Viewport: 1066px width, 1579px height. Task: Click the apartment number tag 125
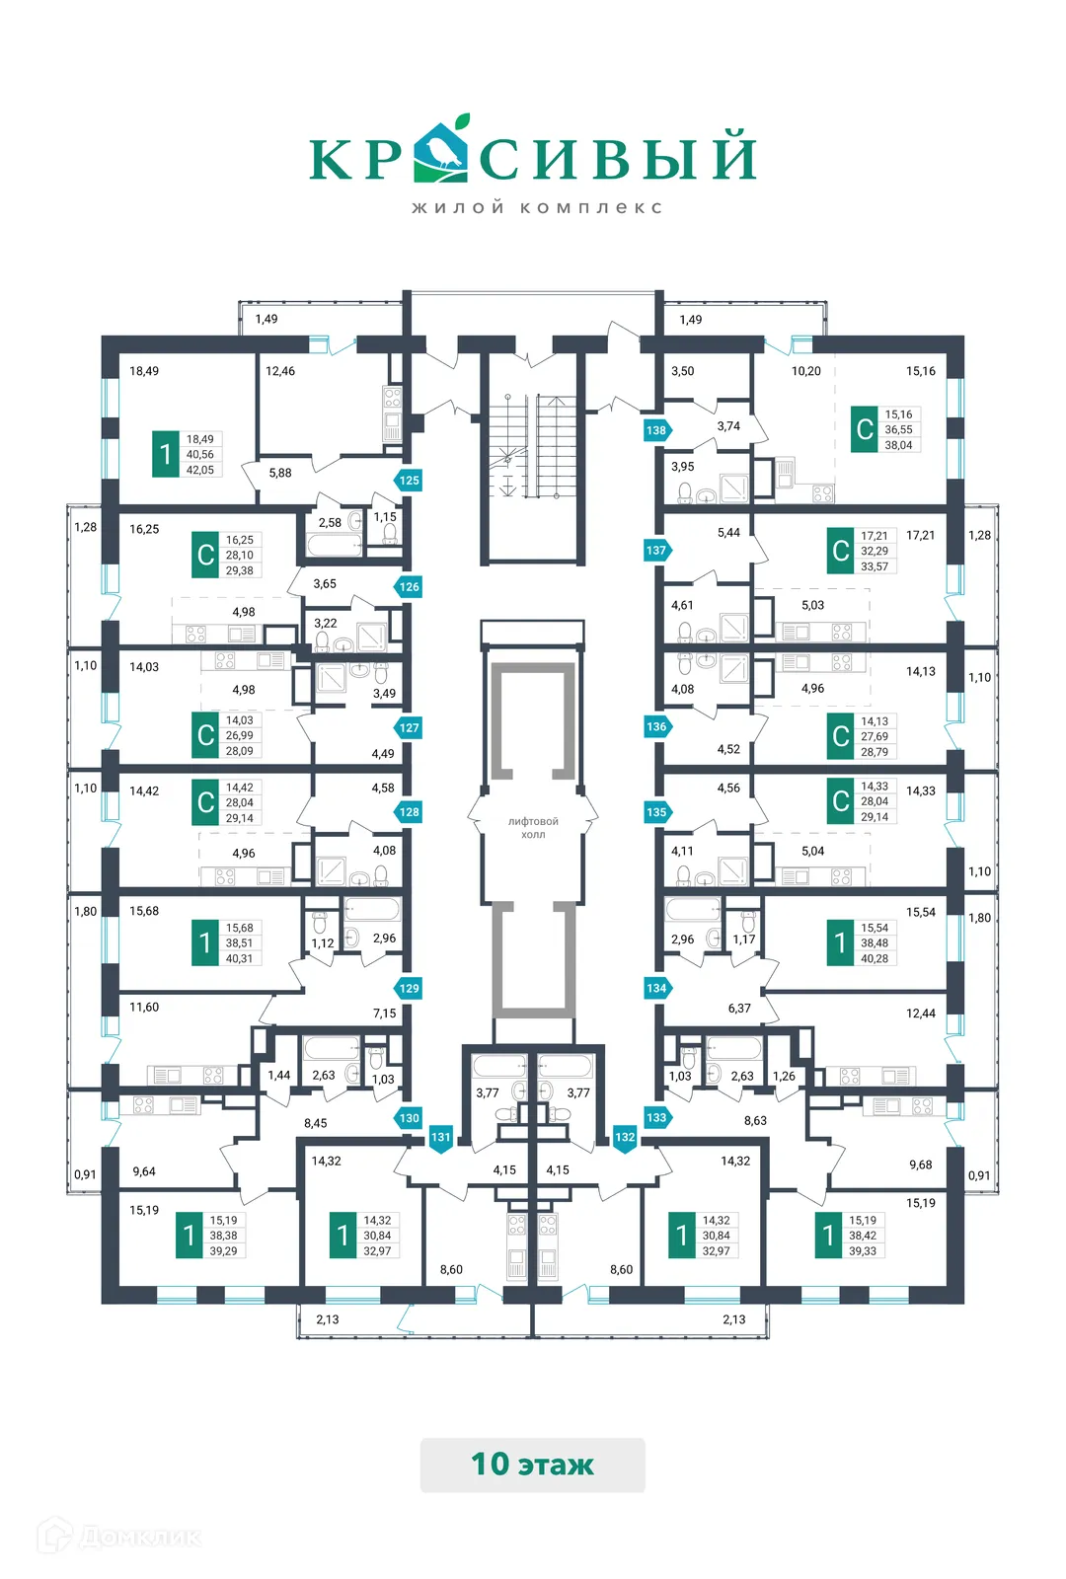click(409, 481)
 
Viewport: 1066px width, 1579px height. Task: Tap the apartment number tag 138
click(656, 430)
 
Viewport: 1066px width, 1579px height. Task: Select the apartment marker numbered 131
click(440, 1138)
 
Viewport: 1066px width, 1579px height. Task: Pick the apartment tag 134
click(656, 988)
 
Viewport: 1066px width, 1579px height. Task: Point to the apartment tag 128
click(409, 812)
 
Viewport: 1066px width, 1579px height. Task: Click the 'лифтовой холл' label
click(533, 828)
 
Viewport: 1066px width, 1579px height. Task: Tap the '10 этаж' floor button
click(532, 1465)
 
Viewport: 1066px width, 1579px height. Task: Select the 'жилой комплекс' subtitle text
click(537, 208)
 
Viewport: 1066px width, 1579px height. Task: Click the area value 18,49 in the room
click(144, 371)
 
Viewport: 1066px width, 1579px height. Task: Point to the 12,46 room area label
click(280, 371)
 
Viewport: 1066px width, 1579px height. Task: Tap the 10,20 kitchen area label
click(805, 371)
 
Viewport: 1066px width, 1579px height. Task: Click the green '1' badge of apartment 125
click(165, 454)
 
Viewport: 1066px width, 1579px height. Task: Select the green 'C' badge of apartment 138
click(865, 429)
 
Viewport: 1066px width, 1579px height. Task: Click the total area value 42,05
click(200, 471)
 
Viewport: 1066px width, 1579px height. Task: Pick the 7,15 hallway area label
click(384, 1014)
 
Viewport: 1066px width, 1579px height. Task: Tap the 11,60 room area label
click(144, 1008)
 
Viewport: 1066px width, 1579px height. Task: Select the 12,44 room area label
click(921, 1014)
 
